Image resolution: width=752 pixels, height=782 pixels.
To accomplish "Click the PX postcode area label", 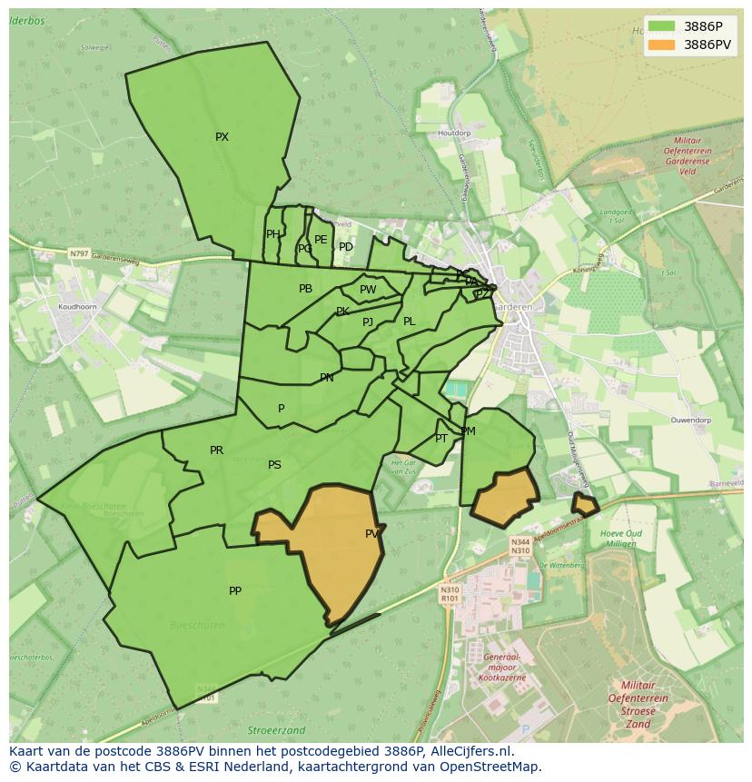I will tap(222, 137).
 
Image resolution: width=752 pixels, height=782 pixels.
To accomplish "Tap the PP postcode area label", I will tap(235, 591).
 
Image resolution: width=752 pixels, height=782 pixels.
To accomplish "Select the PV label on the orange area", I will tap(371, 534).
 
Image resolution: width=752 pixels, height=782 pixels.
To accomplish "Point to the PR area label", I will tap(216, 450).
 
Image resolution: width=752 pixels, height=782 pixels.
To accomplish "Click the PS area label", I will tap(274, 465).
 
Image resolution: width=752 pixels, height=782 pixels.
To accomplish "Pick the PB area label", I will tap(305, 289).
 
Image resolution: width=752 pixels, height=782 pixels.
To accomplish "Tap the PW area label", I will tap(368, 290).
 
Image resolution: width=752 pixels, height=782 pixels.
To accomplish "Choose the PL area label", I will tap(409, 322).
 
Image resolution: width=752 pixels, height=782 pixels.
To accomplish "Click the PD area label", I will tap(346, 247).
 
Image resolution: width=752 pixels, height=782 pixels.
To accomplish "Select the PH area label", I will tap(272, 234).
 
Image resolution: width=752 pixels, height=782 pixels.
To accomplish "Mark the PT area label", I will tap(441, 439).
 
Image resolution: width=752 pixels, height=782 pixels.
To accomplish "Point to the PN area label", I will tap(326, 378).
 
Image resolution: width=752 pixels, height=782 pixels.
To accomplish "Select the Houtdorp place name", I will tap(454, 134).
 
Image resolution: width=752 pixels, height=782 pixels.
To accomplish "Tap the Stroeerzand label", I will tap(276, 730).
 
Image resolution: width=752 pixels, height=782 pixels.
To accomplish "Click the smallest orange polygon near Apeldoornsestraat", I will tap(584, 504).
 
